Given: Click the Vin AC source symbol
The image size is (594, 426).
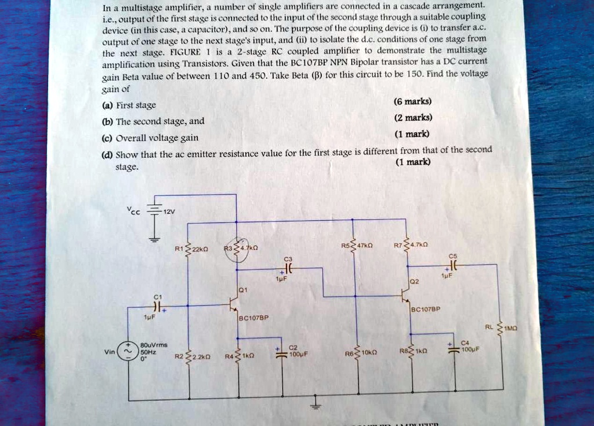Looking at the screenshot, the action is tap(128, 351).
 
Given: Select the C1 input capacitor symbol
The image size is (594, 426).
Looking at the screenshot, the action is tap(157, 306).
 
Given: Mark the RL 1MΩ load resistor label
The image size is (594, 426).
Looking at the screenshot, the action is tap(503, 327).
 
